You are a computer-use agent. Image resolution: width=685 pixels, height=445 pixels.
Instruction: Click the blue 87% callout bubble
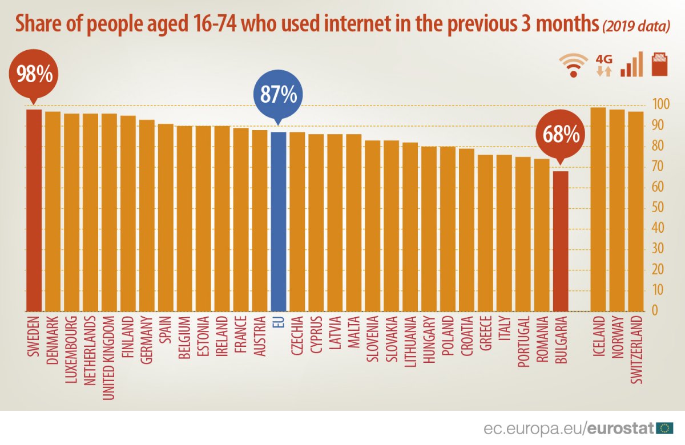pyautogui.click(x=278, y=95)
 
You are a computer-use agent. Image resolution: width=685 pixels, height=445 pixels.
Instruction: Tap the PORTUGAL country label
pyautogui.click(x=523, y=343)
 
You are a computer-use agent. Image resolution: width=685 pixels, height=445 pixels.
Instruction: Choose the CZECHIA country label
pyautogui.click(x=297, y=337)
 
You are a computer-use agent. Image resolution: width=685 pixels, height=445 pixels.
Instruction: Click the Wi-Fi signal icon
pyautogui.click(x=573, y=64)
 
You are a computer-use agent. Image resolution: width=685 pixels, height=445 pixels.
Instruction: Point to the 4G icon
pyautogui.click(x=604, y=65)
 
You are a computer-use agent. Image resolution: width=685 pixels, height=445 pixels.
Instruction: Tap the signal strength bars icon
pyautogui.click(x=632, y=64)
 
